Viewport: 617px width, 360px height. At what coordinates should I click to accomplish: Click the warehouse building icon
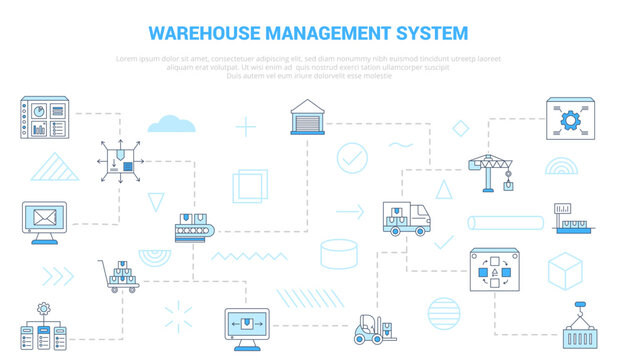(x=307, y=118)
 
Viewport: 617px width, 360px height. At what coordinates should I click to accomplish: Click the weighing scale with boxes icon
(x=570, y=218)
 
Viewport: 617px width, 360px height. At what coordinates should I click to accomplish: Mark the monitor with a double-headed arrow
(x=246, y=326)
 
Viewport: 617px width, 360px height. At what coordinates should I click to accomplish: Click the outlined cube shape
(x=565, y=271)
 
